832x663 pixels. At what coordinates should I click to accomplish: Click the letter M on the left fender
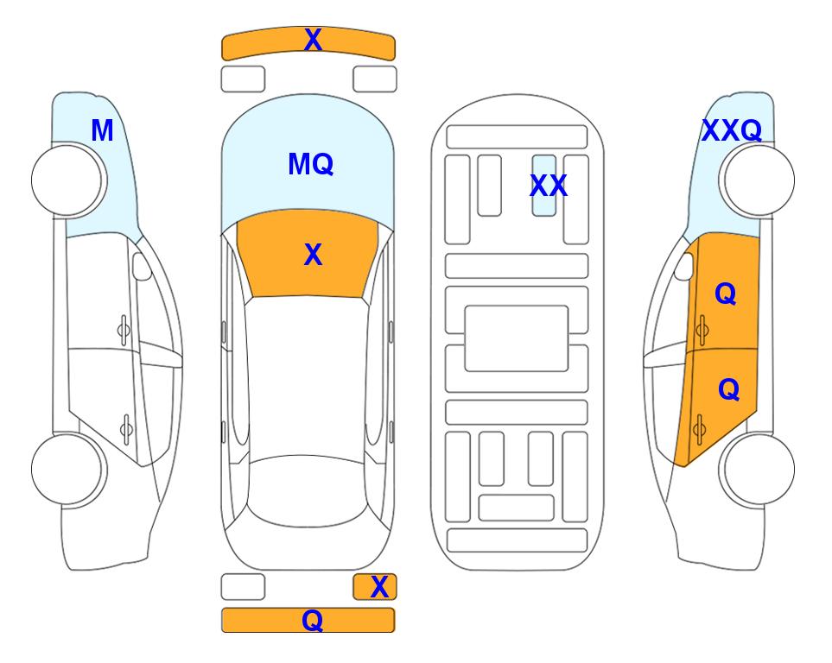[103, 130]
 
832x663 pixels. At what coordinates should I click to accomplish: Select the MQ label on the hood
[311, 164]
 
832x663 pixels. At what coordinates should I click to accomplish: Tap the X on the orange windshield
[313, 255]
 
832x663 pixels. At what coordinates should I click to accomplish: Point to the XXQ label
[732, 130]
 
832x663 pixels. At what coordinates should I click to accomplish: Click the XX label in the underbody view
[549, 186]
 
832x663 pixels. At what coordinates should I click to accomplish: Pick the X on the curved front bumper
[313, 40]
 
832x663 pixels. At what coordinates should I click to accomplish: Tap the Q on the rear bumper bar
[313, 620]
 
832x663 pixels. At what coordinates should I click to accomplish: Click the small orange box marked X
[375, 587]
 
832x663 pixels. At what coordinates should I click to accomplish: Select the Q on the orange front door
[726, 294]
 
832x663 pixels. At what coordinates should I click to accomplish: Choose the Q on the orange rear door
[728, 390]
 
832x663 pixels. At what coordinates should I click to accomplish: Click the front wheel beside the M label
[67, 180]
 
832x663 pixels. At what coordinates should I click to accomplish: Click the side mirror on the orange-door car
[684, 266]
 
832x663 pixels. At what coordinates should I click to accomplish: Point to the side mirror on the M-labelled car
[142, 266]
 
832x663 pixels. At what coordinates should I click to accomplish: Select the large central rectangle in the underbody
[517, 338]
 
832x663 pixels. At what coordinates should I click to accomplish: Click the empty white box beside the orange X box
[243, 587]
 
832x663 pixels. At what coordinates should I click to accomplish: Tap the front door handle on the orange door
[702, 330]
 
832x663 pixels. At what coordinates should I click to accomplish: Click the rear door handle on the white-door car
[126, 429]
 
